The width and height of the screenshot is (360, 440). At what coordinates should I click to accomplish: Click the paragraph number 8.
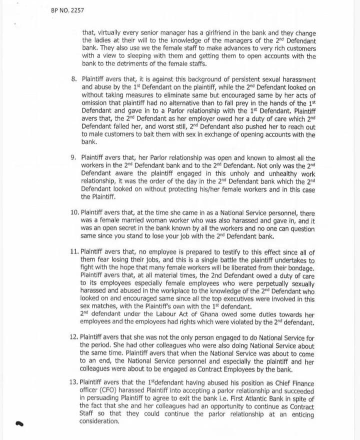tap(73, 80)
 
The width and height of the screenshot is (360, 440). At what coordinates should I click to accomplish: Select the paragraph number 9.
tap(73, 157)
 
